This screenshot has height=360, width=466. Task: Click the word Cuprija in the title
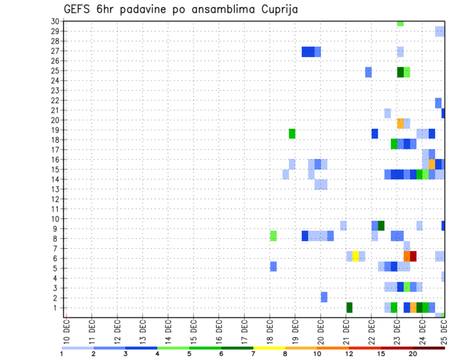click(x=279, y=9)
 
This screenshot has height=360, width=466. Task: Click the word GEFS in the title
click(x=79, y=9)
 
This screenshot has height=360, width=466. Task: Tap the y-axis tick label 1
click(x=57, y=308)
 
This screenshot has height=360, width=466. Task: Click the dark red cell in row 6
click(x=413, y=256)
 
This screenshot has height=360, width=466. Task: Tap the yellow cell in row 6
click(x=356, y=256)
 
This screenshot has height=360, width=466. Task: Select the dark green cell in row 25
click(x=400, y=72)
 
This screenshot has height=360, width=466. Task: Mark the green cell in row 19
click(x=292, y=133)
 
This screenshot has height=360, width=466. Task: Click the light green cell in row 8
click(x=273, y=236)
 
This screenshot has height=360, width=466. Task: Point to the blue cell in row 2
click(x=324, y=297)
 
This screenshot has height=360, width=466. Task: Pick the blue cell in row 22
click(x=438, y=103)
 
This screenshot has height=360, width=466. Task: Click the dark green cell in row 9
click(x=381, y=226)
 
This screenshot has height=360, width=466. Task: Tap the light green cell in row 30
click(x=400, y=23)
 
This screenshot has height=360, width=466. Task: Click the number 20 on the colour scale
click(x=413, y=354)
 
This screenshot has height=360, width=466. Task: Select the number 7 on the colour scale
click(x=254, y=354)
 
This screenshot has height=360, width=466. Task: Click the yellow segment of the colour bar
click(x=269, y=348)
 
